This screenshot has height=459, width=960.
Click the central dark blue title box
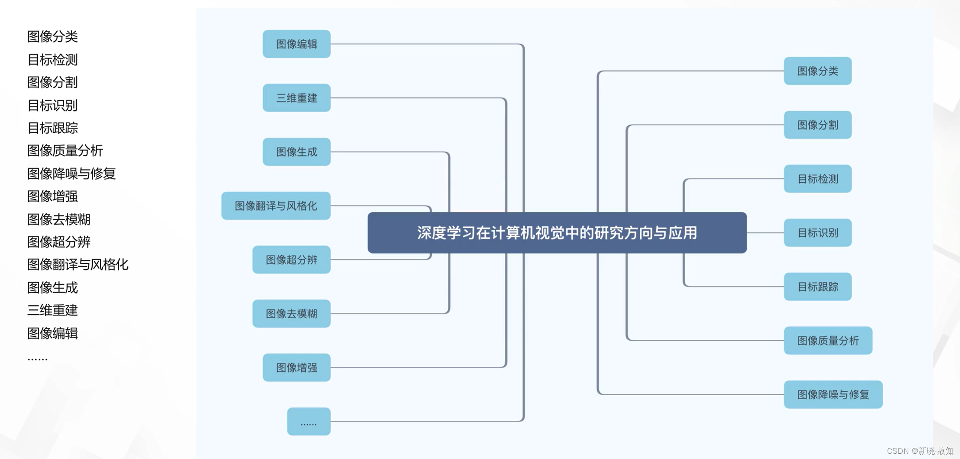click(x=557, y=233)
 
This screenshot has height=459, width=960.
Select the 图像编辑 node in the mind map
click(x=296, y=44)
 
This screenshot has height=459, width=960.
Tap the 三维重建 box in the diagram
click(x=296, y=98)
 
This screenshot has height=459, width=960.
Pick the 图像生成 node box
click(x=296, y=152)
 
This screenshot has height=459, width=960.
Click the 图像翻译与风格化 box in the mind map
click(x=276, y=206)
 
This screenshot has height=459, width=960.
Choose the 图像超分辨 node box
click(x=291, y=259)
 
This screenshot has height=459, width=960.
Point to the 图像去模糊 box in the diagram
click(x=291, y=313)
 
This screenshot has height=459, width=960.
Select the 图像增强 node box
click(x=296, y=368)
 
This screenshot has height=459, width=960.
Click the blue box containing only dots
click(x=308, y=422)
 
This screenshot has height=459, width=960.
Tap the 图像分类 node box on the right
click(x=818, y=71)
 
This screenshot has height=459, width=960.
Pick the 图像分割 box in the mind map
click(x=818, y=125)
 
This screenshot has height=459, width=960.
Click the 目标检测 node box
click(x=818, y=179)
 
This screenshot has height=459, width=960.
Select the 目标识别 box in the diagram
click(x=818, y=233)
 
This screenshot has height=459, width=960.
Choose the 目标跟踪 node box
click(x=818, y=287)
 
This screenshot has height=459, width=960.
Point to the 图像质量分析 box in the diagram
click(x=828, y=341)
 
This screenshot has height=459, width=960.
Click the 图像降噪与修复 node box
click(x=833, y=394)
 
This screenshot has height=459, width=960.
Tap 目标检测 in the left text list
click(x=52, y=59)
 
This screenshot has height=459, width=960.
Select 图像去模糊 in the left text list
click(x=58, y=219)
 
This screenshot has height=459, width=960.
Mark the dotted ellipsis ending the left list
click(x=37, y=358)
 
